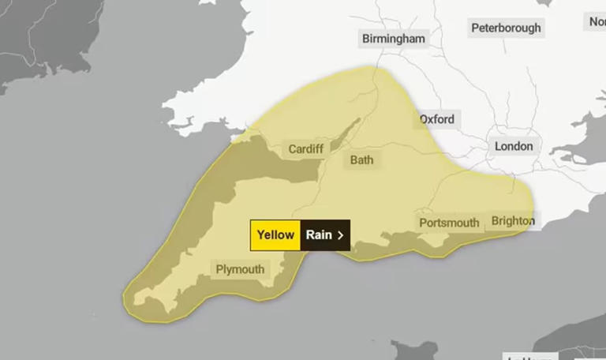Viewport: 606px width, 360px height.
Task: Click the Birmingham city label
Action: (x=393, y=39)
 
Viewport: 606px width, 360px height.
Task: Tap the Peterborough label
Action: (x=506, y=28)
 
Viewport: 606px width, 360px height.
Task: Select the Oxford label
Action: (x=436, y=119)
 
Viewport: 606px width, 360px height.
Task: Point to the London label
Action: (x=513, y=146)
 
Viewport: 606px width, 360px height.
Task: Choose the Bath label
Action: (x=361, y=159)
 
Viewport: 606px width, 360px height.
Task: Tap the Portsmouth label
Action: (x=448, y=223)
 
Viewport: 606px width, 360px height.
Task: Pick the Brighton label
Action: (x=512, y=220)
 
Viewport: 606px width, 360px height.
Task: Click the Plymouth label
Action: (x=240, y=269)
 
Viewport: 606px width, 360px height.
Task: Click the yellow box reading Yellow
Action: (x=275, y=234)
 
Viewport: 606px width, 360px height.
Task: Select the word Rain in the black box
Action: (x=319, y=234)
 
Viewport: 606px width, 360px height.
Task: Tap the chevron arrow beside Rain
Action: (x=340, y=234)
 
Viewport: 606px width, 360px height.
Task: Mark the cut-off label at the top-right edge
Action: (x=597, y=22)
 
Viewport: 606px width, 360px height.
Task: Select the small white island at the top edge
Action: (x=210, y=2)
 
